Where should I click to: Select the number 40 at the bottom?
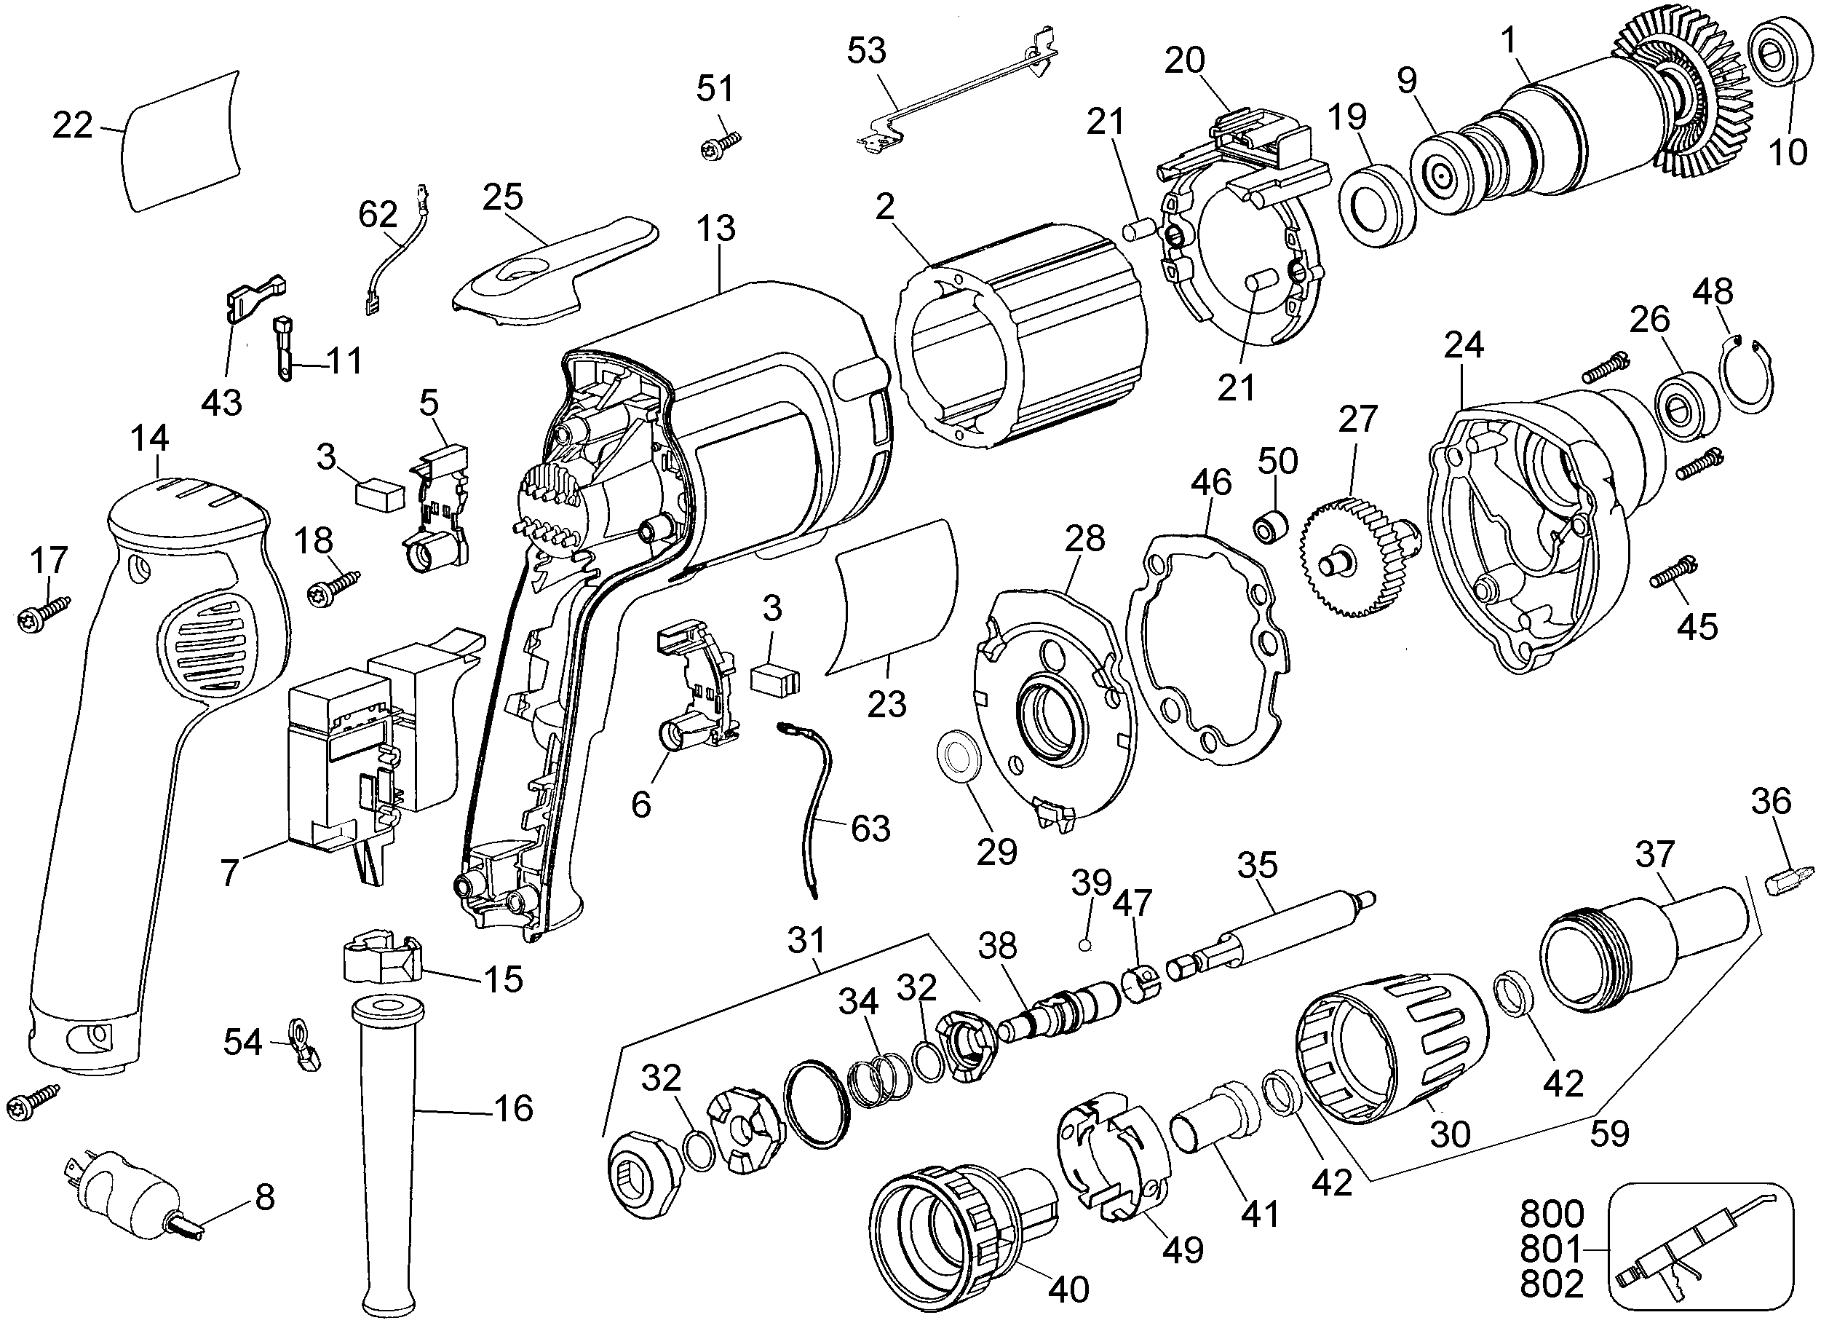tap(1068, 1290)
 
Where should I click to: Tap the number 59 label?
tap(1609, 1133)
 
